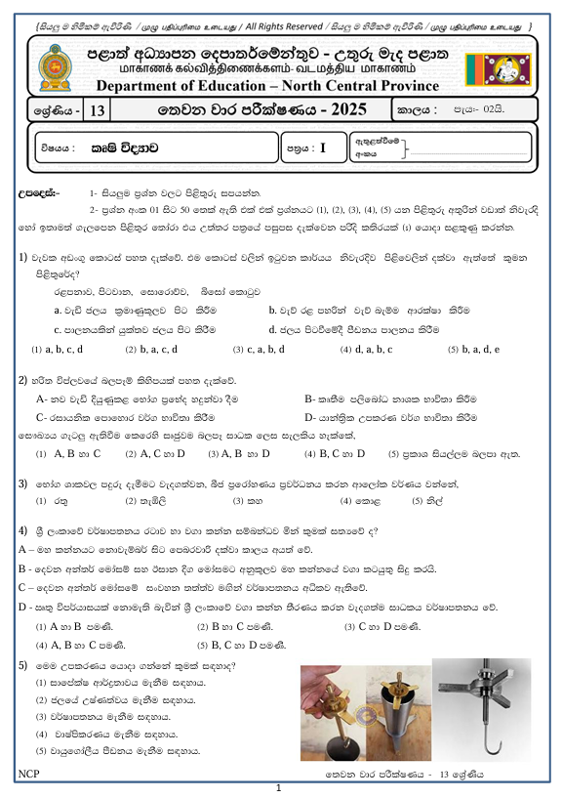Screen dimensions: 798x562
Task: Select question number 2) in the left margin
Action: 22,379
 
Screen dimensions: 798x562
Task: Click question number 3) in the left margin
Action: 22,483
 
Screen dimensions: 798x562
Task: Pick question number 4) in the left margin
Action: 22,529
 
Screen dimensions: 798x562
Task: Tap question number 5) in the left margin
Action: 22,664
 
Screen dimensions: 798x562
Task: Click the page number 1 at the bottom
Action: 279,787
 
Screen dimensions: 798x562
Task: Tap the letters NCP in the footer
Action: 27,774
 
